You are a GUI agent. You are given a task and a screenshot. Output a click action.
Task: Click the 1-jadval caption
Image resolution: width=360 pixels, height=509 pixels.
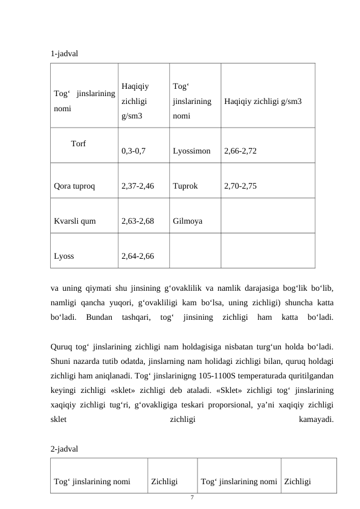65,53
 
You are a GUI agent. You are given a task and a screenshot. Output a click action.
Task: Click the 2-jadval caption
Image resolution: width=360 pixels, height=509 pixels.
65,450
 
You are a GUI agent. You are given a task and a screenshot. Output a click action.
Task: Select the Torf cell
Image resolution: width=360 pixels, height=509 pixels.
78,144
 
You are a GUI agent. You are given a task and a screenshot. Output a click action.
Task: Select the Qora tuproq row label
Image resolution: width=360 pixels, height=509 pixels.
74,187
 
